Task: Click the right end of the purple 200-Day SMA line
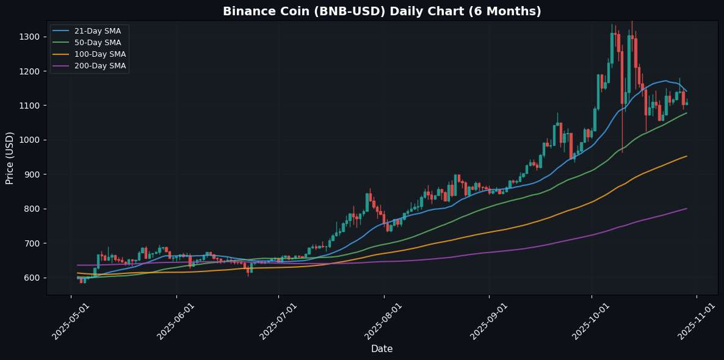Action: click(x=687, y=209)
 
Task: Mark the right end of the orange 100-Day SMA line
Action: click(x=687, y=156)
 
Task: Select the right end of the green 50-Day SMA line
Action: click(x=687, y=113)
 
